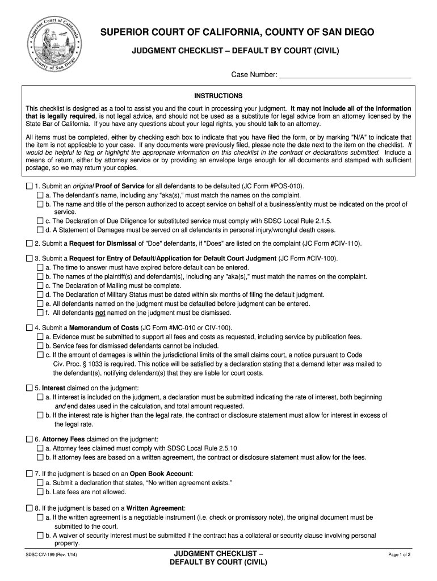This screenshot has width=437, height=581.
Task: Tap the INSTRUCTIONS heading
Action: (x=218, y=96)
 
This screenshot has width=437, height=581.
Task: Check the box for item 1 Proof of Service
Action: (x=30, y=186)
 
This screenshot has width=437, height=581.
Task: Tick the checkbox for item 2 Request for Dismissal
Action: (x=30, y=243)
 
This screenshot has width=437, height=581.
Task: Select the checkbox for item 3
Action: (x=30, y=259)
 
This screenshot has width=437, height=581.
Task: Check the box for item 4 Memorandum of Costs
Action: (x=30, y=328)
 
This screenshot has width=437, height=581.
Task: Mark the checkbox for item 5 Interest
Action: (x=30, y=388)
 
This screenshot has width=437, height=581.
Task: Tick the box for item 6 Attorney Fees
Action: (x=30, y=439)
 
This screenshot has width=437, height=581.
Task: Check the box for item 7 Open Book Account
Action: (x=30, y=474)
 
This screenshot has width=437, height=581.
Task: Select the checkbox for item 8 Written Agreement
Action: (x=30, y=508)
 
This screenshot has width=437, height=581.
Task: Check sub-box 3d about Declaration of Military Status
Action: (x=40, y=295)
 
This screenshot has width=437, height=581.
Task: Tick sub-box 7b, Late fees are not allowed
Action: (x=40, y=492)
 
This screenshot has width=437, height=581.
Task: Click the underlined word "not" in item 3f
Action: (x=100, y=313)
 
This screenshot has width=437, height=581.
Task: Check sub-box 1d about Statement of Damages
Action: (x=40, y=230)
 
